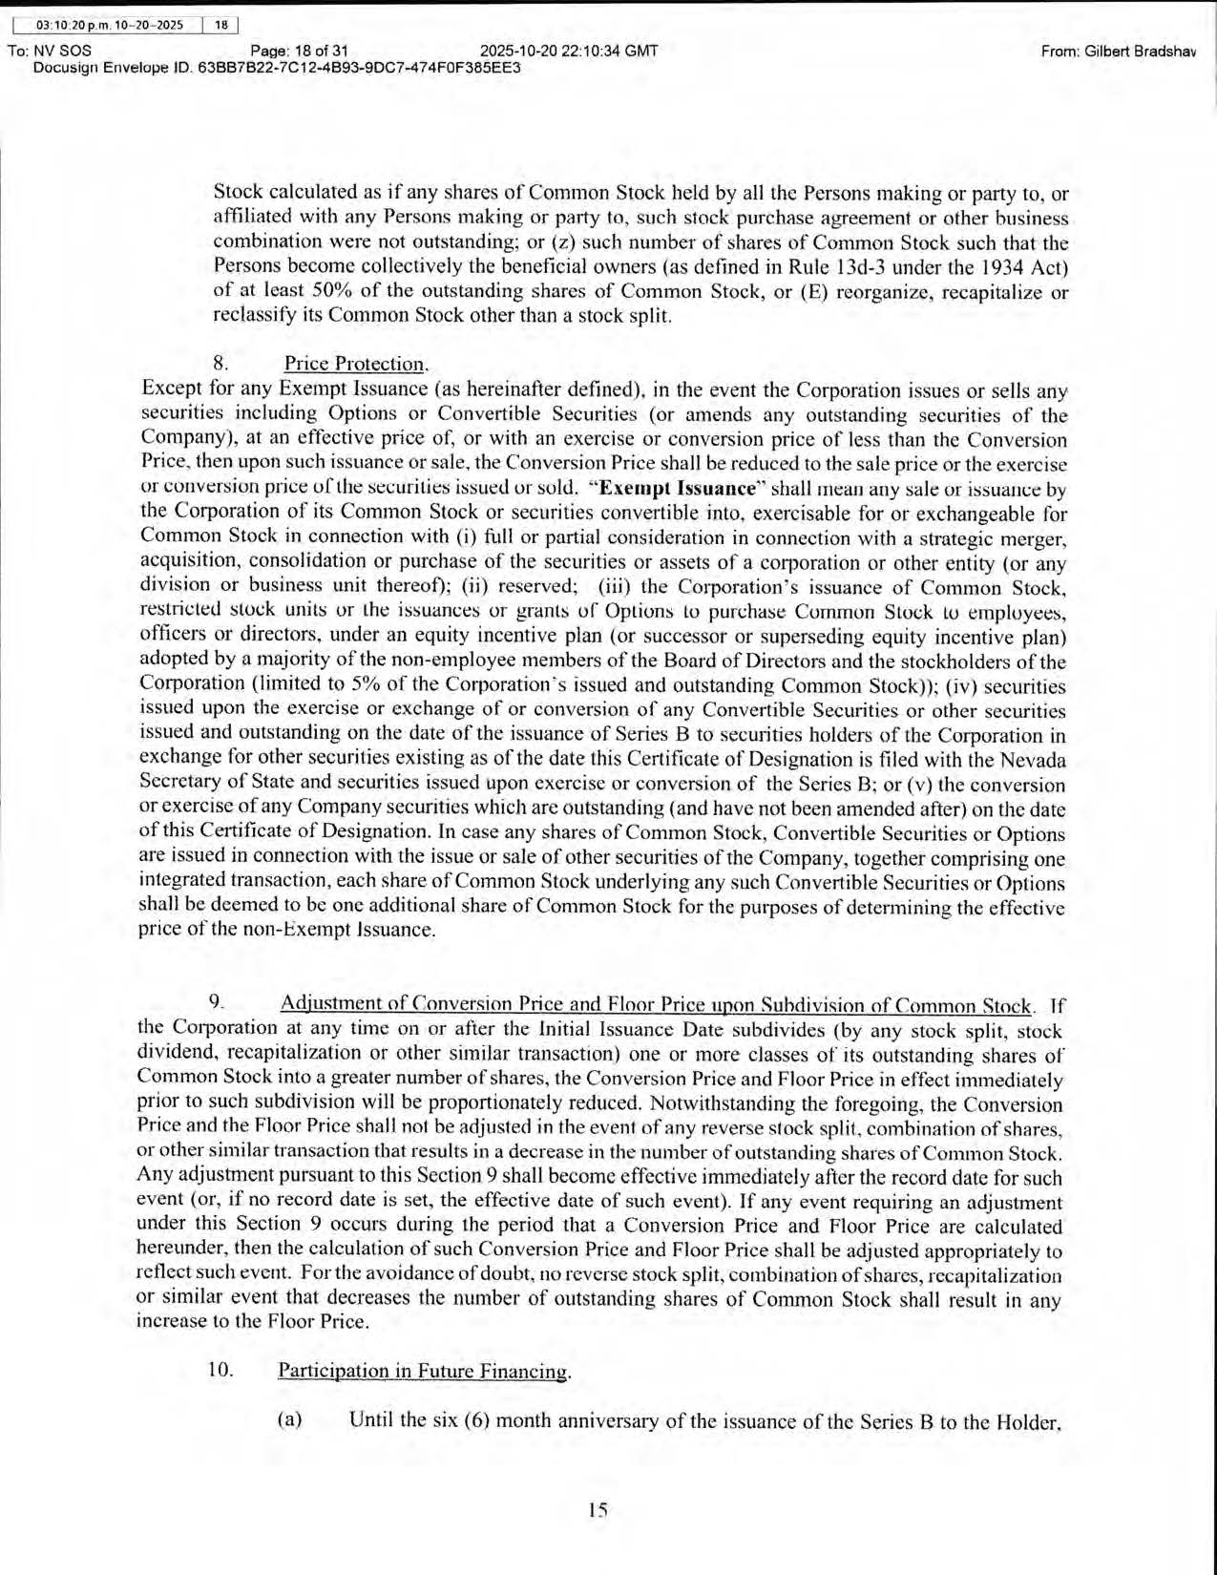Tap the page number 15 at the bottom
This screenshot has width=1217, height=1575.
point(598,1510)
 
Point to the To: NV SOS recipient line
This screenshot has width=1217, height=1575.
point(50,51)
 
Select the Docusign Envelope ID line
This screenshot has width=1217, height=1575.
point(277,68)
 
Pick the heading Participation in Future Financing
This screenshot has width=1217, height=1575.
point(423,1371)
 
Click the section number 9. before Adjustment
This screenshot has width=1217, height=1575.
point(216,1001)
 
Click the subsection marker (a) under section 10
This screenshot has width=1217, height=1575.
point(289,1419)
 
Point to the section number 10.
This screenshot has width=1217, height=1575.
point(220,1369)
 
